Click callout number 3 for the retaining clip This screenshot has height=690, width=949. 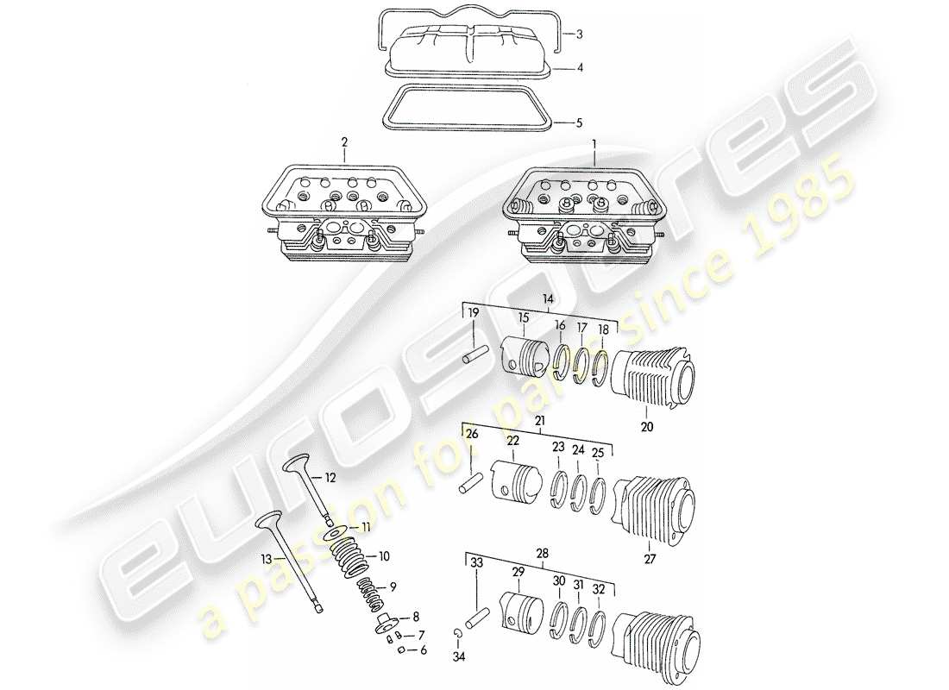tap(580, 35)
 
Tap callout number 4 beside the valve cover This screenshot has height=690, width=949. tap(580, 67)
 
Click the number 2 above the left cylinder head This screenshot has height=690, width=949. tap(343, 141)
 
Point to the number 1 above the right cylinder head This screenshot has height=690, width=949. tap(594, 141)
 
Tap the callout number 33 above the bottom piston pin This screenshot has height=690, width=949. tap(476, 561)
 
